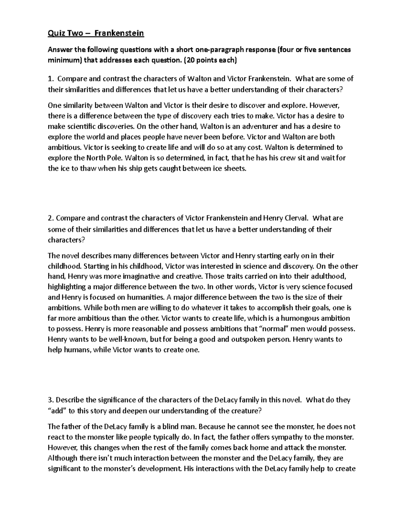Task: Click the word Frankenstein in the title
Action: click(x=119, y=33)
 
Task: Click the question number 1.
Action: click(x=50, y=79)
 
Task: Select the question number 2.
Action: click(x=50, y=218)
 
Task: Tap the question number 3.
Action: click(x=50, y=400)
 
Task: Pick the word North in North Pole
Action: click(x=96, y=158)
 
